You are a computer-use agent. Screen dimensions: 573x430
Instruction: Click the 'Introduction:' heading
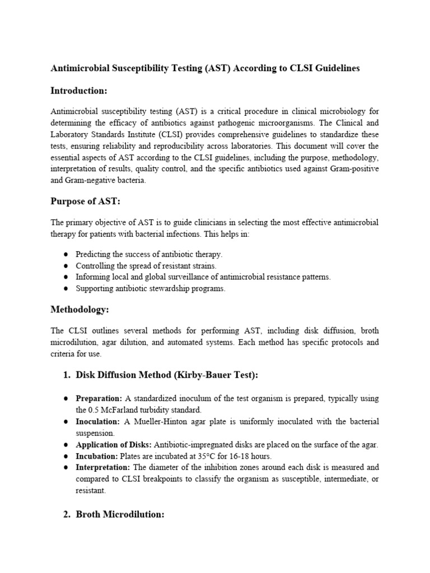(78, 91)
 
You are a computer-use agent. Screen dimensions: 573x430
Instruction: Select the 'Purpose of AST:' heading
(86, 201)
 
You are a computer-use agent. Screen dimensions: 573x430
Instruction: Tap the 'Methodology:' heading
(80, 309)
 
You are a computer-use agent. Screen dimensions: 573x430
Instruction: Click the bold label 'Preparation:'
(99, 398)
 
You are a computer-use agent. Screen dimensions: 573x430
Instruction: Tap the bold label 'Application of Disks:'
(114, 444)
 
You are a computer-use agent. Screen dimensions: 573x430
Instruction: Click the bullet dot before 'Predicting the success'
(66, 254)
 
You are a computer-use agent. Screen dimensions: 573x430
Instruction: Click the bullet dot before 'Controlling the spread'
(66, 265)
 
